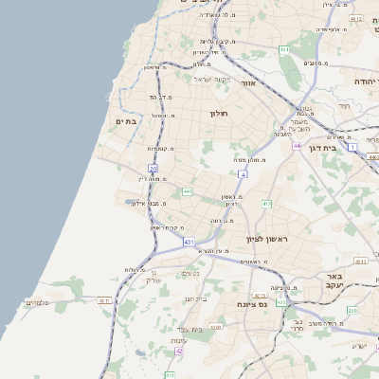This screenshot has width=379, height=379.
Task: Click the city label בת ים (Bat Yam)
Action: click(126, 121)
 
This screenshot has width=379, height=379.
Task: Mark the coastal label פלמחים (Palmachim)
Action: click(36, 302)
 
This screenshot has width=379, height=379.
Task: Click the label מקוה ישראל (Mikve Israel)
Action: click(211, 79)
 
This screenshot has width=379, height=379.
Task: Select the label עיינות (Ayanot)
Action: click(178, 340)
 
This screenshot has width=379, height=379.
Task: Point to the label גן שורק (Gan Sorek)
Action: click(153, 278)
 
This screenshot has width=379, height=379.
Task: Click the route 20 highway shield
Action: click(153, 168)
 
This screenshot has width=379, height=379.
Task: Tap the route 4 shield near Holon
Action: click(243, 174)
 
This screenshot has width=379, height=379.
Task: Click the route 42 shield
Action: click(178, 352)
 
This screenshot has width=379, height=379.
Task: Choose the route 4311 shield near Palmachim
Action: click(104, 300)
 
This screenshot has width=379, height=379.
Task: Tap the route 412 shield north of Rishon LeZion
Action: click(267, 204)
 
